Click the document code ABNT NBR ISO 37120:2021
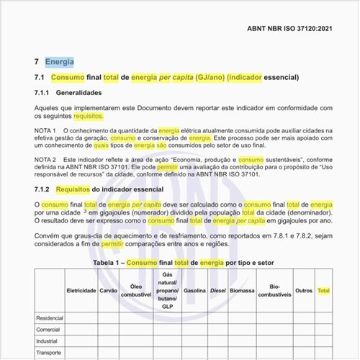click(290, 30)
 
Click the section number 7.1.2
click(45, 189)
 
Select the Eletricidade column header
click(81, 291)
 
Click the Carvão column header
click(108, 291)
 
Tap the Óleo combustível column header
click(135, 291)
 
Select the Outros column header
click(303, 291)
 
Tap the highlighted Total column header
click(324, 291)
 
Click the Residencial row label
click(50, 318)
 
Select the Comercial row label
click(48, 330)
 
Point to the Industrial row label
click(48, 342)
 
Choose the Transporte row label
click(50, 354)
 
